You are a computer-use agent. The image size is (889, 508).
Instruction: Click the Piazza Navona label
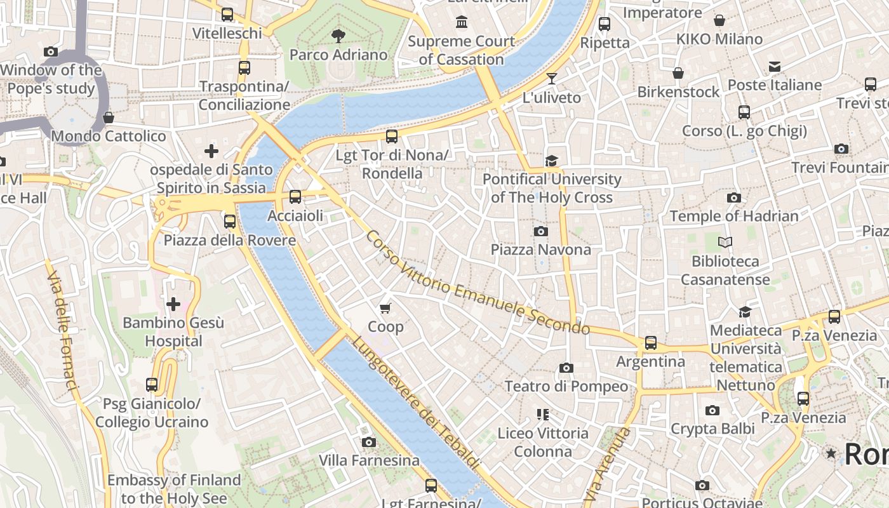point(540,250)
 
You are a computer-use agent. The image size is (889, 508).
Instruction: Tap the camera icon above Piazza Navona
point(540,231)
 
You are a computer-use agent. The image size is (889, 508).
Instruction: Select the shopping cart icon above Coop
point(385,309)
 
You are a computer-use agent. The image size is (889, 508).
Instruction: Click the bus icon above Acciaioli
point(295,197)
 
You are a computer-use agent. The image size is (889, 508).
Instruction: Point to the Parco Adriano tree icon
point(338,36)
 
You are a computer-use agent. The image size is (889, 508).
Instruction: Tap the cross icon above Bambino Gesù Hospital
point(173,304)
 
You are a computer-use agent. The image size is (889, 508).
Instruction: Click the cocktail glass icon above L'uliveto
point(551,79)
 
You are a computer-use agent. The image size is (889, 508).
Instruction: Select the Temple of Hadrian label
point(734,216)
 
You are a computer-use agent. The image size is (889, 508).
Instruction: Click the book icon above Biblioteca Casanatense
point(725,242)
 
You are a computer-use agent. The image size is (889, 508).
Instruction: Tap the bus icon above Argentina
point(651,343)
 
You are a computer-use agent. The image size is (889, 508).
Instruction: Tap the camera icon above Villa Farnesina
point(369,442)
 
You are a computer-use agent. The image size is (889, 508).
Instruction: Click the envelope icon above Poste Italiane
point(775,67)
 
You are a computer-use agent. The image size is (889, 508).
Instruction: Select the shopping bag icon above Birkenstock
point(678,73)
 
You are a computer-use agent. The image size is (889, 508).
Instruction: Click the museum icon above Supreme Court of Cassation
point(462,23)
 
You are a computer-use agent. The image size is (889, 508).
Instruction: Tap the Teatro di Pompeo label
point(566,386)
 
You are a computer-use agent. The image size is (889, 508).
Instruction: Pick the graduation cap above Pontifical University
point(551,161)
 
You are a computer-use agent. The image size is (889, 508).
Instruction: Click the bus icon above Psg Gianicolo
point(151,385)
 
